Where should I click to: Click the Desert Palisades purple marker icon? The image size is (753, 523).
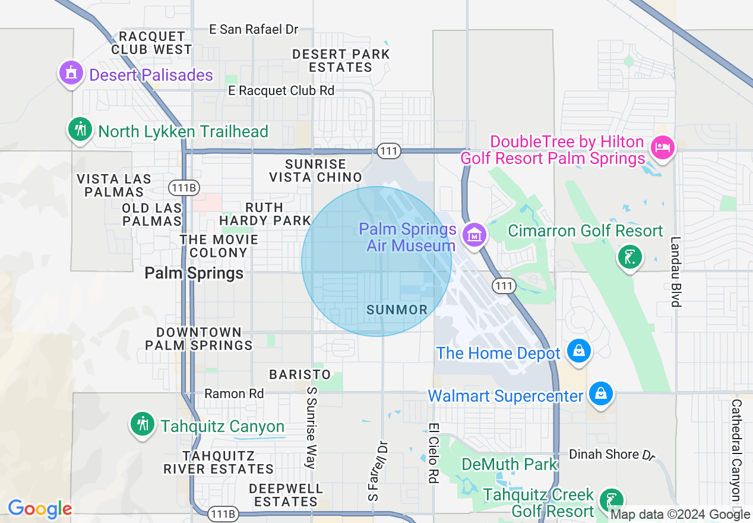point(71,73)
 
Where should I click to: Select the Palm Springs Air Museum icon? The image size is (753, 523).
point(474,235)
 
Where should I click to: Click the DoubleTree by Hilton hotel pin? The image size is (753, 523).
point(662,147)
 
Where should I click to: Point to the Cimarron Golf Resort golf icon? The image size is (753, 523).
point(629,258)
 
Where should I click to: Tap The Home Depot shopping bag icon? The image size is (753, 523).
point(578,351)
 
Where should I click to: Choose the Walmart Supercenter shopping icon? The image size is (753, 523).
point(601,394)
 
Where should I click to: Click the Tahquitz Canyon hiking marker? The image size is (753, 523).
point(143,425)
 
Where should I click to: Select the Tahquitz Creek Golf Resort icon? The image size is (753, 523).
point(611,499)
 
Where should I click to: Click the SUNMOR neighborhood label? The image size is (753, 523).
point(397,310)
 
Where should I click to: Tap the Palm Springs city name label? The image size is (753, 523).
point(194,273)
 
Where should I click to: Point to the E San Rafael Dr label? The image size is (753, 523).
point(254,29)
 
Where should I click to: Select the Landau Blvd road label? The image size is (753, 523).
point(675,272)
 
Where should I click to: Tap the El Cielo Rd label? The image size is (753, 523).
point(433,453)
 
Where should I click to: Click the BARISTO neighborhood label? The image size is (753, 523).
point(300,374)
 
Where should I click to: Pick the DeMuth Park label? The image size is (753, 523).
point(510,464)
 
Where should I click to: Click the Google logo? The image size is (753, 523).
point(40,509)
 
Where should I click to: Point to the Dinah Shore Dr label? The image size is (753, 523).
point(612,455)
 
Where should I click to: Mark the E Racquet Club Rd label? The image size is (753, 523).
point(282,90)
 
